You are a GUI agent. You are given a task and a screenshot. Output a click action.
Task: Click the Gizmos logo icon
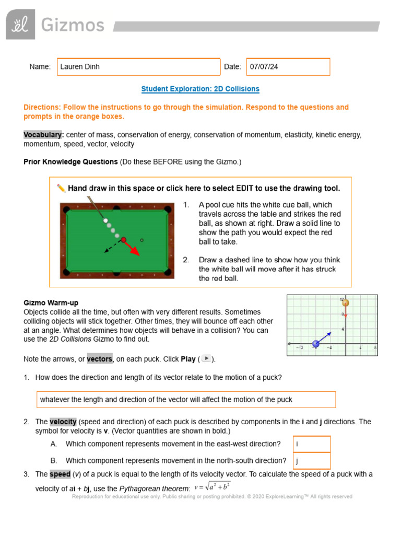[20, 25]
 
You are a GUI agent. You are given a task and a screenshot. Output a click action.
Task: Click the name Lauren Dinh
[80, 67]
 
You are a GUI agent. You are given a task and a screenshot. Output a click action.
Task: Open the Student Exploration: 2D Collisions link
[200, 89]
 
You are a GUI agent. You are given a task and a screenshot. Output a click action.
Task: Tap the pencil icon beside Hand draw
[61, 188]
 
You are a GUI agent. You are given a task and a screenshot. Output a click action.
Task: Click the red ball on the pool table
[124, 240]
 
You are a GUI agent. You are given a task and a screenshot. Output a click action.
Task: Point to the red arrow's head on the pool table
[136, 253]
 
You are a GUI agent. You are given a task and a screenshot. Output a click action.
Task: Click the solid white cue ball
[105, 221]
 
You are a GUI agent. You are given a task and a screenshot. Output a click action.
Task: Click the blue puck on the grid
[315, 343]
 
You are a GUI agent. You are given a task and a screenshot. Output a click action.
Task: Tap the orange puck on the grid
[345, 303]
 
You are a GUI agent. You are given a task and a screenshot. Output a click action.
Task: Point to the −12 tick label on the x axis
[300, 348]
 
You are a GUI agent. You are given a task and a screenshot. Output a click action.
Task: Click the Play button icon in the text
[206, 358]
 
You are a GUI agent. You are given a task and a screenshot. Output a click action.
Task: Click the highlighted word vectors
[99, 359]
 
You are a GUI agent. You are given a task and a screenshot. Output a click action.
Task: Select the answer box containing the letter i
[311, 444]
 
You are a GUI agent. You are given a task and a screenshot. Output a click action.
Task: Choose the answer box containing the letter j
[311, 461]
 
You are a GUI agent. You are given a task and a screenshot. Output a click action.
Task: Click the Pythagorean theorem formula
[211, 487]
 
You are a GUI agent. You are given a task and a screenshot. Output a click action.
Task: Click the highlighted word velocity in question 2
[63, 422]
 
